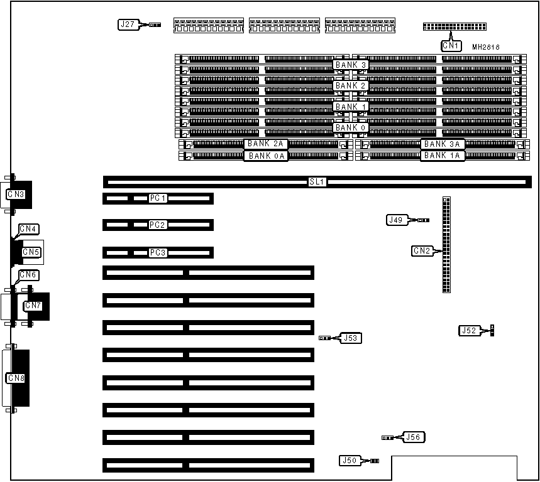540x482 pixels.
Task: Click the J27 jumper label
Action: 127,25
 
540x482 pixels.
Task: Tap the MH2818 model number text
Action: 486,46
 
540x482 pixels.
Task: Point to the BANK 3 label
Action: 350,65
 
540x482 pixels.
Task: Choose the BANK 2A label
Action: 265,144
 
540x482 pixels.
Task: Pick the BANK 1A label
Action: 443,155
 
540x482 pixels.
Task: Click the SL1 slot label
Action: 316,182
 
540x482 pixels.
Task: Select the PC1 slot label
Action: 158,198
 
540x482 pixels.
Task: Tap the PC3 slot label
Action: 158,252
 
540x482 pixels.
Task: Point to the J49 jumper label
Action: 395,220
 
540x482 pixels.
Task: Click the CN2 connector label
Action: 422,251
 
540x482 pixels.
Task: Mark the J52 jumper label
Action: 469,330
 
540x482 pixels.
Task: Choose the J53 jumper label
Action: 350,338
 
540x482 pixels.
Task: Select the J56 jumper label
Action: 413,437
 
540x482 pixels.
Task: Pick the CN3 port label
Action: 16,195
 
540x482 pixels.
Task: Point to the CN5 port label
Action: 30,252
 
